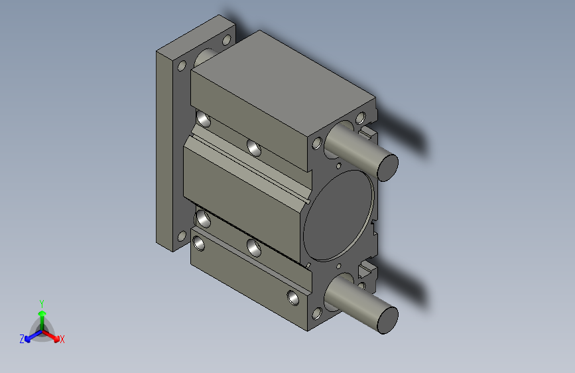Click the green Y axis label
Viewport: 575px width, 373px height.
point(42,304)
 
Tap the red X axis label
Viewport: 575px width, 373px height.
point(62,340)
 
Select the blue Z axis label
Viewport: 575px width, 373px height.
point(22,339)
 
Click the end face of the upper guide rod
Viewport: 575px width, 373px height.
point(388,167)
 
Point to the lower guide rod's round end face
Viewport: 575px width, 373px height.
point(388,321)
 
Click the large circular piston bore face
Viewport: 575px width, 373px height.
point(338,216)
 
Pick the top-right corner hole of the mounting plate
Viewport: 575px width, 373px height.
point(227,40)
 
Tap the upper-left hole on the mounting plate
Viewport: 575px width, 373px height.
point(182,66)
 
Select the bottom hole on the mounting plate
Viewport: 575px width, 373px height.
point(182,236)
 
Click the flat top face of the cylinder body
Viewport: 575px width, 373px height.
point(283,84)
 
